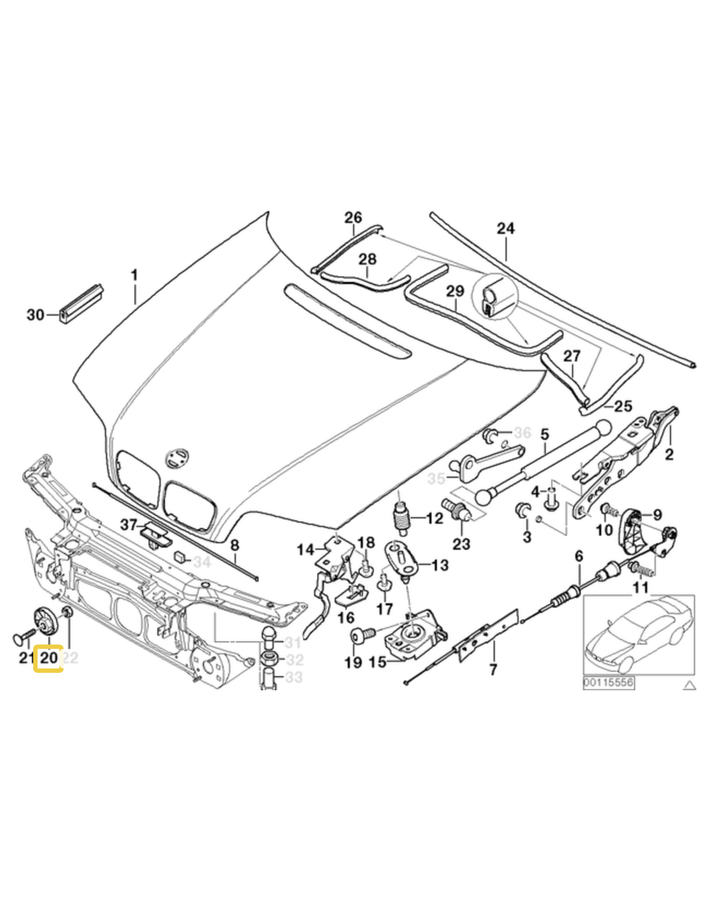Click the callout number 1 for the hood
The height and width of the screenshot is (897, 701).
[135, 275]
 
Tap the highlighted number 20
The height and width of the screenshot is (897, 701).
[48, 656]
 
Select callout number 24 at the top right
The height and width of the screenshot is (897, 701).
[506, 230]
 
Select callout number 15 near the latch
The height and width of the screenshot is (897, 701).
[377, 662]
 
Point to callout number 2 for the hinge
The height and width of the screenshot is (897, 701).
[669, 454]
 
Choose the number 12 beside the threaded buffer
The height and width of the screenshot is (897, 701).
[435, 519]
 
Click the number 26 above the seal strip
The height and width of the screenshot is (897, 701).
[352, 218]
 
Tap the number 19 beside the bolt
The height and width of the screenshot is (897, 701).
[352, 662]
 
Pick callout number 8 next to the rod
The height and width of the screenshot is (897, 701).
[235, 549]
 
